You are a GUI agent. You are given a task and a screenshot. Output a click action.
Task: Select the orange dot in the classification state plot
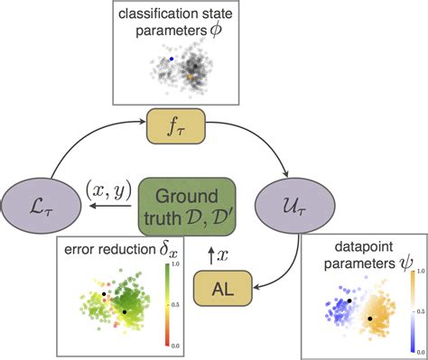pyautogui.click(x=191, y=80)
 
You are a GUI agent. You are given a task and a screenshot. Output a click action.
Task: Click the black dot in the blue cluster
pyautogui.click(x=349, y=300)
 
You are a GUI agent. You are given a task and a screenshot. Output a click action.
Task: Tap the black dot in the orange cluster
pyautogui.click(x=370, y=318)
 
